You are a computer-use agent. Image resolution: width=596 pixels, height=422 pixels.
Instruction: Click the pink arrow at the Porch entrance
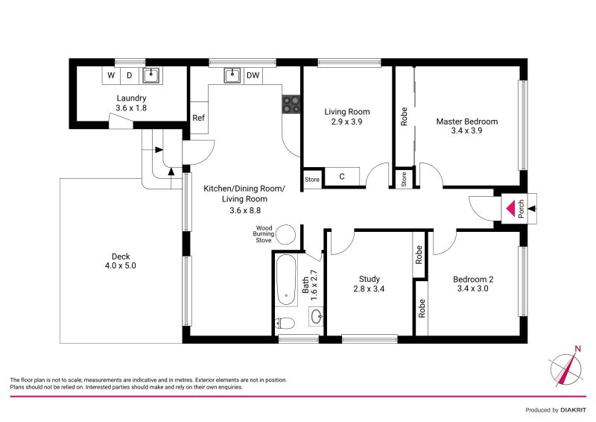pos(510,208)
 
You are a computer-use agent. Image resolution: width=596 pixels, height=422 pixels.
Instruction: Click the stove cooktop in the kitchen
pos(291,104)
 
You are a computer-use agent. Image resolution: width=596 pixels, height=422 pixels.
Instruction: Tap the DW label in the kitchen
pos(253,75)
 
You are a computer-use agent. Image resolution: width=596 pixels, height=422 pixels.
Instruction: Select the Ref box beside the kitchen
pos(198,118)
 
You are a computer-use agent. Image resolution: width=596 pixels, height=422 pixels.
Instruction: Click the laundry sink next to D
pos(152,75)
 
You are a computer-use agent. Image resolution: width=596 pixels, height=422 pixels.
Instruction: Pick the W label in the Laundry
pos(111,75)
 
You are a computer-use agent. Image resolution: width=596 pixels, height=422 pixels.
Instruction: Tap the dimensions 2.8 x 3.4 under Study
pos(370,289)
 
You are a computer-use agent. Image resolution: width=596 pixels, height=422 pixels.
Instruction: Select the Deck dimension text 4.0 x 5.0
pos(121,265)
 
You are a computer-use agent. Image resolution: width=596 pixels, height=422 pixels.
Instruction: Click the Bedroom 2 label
pos(473,280)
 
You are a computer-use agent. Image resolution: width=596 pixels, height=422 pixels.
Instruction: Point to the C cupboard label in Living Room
pos(342,177)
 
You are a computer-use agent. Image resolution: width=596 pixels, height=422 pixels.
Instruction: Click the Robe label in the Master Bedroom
pos(404,118)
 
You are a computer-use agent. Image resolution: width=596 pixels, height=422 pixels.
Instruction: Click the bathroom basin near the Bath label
pos(315,316)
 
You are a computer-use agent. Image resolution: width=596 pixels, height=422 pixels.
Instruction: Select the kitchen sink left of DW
pos(232,75)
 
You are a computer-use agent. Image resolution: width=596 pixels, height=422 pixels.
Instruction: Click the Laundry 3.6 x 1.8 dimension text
pos(131,108)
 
